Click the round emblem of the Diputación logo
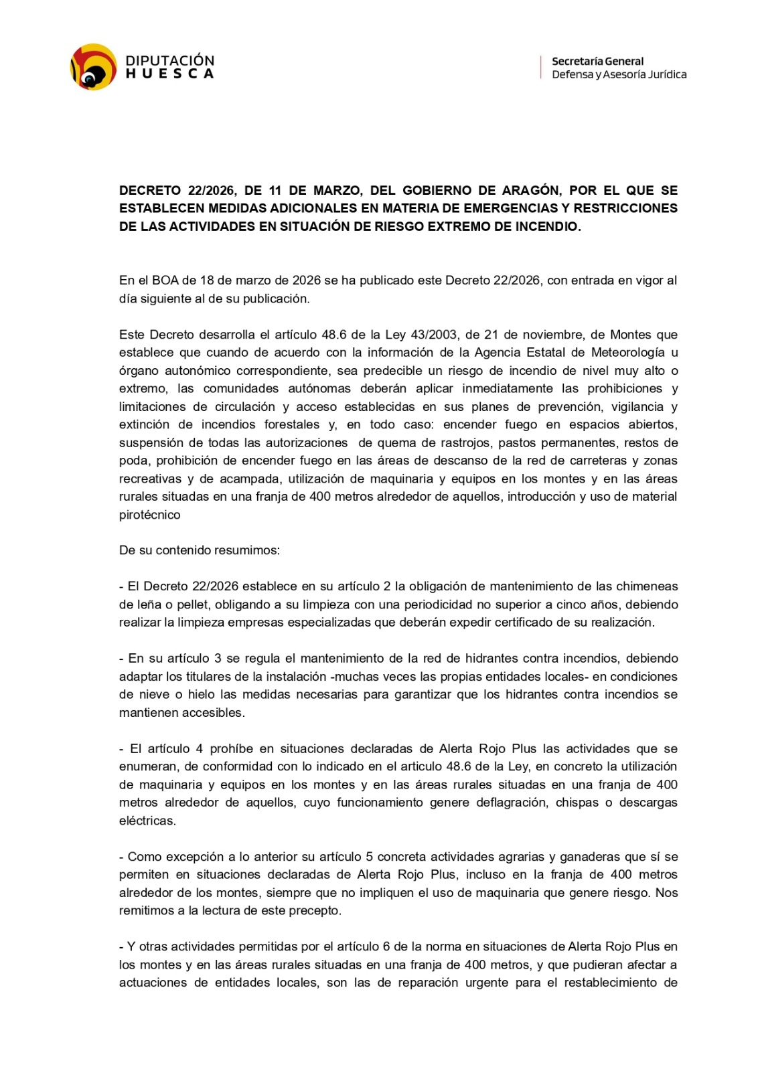(x=94, y=67)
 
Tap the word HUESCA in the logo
(x=169, y=74)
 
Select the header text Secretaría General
(x=597, y=61)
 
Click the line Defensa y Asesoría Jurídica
(x=619, y=74)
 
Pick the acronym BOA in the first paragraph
(x=165, y=280)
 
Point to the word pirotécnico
(x=149, y=515)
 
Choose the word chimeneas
(x=646, y=586)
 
